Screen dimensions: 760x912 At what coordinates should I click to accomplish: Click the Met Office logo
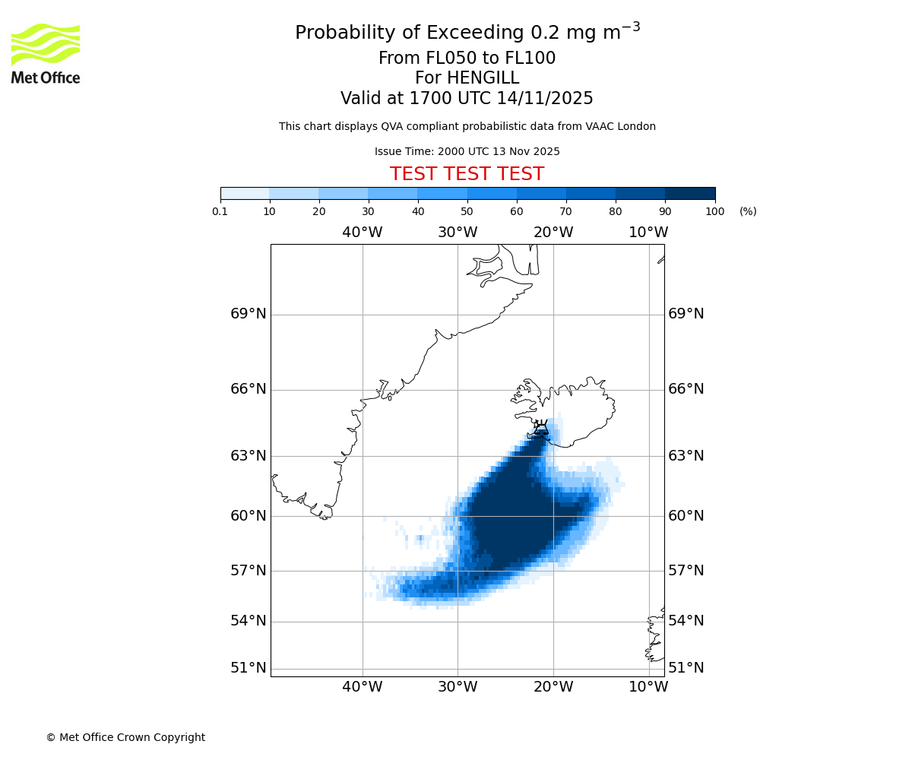click(46, 53)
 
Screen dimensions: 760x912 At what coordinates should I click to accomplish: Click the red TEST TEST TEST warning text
click(467, 174)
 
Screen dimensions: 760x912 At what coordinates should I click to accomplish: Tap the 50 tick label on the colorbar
click(467, 212)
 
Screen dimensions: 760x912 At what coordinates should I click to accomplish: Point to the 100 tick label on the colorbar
click(714, 212)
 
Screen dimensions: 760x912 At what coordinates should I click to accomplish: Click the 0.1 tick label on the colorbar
click(220, 212)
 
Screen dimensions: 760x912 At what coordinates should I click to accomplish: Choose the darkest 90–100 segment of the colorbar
click(690, 193)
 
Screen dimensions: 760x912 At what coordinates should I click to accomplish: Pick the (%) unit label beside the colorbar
click(748, 212)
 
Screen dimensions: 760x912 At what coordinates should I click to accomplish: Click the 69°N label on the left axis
click(249, 314)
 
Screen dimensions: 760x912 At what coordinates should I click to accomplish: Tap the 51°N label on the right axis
click(686, 668)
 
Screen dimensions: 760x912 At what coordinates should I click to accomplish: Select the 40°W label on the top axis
click(362, 233)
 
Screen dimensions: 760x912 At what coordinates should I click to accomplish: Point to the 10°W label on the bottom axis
click(648, 687)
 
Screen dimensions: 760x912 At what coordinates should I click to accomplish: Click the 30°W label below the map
click(458, 687)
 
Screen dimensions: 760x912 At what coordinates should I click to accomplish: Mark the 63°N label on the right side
click(686, 456)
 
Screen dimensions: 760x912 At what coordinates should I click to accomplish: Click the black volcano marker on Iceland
click(541, 429)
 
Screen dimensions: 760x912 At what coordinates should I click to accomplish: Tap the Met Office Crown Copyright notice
click(125, 737)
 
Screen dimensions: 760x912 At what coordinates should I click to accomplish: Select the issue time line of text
click(467, 152)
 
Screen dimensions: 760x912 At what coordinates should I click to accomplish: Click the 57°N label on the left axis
click(249, 571)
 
